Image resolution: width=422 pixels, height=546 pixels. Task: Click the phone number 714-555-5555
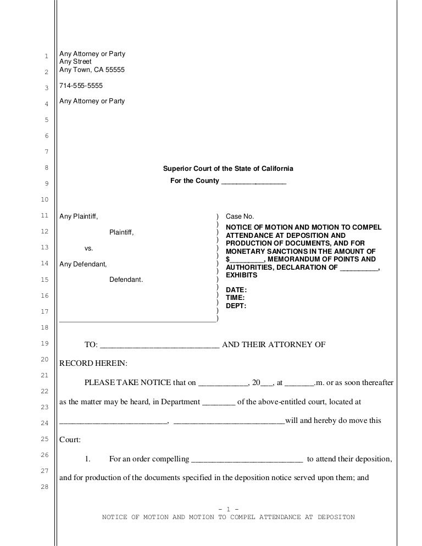coord(81,86)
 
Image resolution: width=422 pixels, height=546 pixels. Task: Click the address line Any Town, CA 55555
coord(92,70)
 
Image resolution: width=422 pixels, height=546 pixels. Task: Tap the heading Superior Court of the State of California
coord(228,169)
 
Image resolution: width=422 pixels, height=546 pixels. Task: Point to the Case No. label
coord(240,217)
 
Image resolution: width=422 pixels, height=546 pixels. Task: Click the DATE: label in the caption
coord(236,290)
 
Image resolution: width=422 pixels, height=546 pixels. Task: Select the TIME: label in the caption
coord(236,298)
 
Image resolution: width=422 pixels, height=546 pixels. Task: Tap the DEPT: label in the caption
coord(236,306)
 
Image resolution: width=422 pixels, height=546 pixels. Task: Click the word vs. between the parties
coord(88,248)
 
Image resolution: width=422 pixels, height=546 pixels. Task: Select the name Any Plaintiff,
coord(79,217)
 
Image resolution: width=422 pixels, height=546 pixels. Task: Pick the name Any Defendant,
coord(83,264)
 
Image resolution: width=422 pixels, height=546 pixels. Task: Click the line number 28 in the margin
coord(46,487)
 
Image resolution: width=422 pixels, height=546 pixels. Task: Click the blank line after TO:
coord(160,346)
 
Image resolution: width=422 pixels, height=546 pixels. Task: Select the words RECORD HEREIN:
coord(93,364)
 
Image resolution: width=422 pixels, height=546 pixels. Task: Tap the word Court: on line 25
coord(70,440)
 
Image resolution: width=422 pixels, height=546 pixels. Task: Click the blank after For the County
coord(253,182)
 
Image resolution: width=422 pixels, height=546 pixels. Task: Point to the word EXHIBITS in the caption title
coord(242,275)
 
